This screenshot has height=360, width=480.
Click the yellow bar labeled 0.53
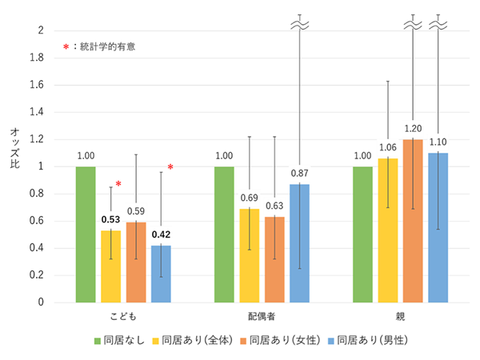click(x=110, y=266)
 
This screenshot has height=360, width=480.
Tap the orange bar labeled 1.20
click(x=412, y=221)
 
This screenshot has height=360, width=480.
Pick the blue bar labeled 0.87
click(x=299, y=243)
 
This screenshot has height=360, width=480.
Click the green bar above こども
click(x=86, y=234)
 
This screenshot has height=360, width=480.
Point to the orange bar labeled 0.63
click(x=274, y=259)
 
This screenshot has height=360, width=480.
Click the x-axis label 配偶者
click(x=261, y=317)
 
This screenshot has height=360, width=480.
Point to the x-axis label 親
click(x=400, y=317)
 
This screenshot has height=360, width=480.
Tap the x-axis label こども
click(x=122, y=317)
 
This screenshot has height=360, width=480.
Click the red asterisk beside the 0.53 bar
click(x=118, y=185)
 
